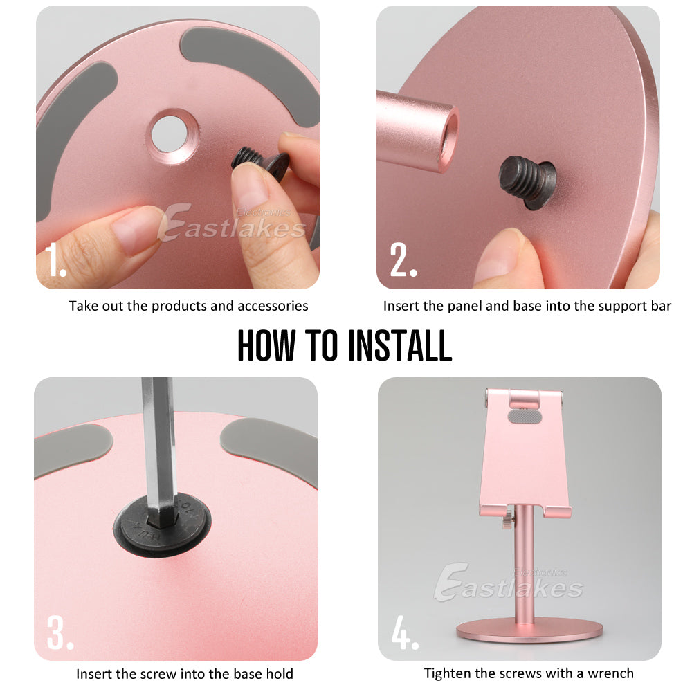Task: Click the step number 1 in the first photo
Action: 55,260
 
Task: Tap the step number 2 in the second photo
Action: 403,260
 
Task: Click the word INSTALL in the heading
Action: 399,345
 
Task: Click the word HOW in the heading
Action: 266,345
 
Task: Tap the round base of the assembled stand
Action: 529,629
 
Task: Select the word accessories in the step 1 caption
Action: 273,305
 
